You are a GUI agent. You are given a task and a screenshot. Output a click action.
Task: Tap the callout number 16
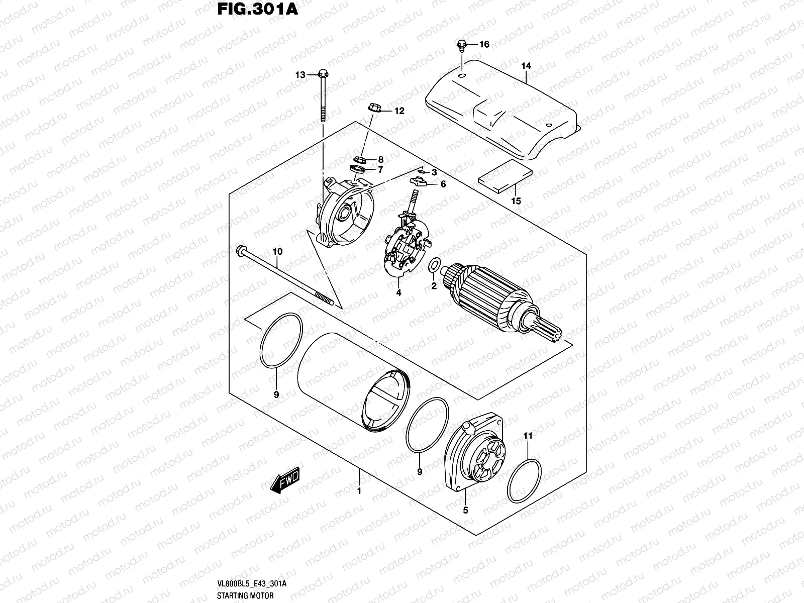coord(484,45)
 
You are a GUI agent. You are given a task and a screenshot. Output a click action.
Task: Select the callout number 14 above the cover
coord(526,66)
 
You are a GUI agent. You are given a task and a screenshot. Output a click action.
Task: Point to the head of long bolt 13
coord(322,75)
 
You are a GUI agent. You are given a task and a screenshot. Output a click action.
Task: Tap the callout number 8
coord(380,159)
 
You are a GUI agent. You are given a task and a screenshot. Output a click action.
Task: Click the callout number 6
coord(443,184)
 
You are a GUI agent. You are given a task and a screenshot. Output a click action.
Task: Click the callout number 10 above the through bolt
coord(277,252)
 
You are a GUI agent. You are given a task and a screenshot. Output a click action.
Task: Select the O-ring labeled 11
coord(524,480)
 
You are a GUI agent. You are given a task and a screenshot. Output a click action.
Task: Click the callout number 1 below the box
coord(359,490)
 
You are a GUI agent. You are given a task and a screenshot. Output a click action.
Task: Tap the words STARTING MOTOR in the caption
coord(245,595)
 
